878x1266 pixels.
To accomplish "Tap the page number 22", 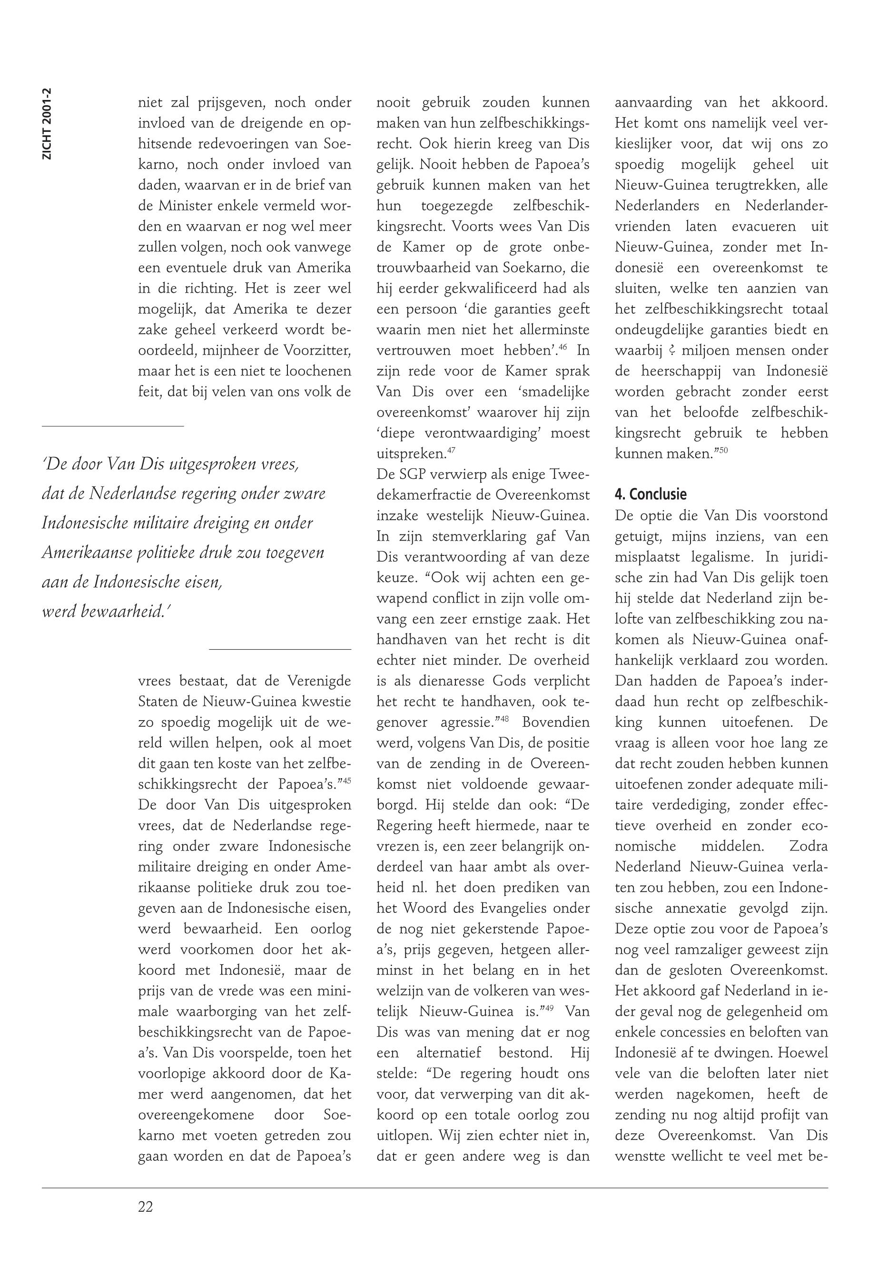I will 145,1207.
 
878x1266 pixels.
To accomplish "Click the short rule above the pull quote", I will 112,426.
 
